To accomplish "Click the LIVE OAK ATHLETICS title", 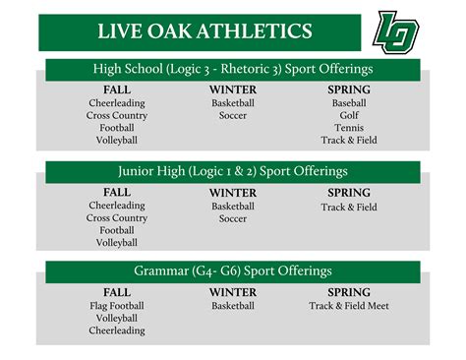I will pos(204,31).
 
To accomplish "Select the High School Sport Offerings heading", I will pos(233,70).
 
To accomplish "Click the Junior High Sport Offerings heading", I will pos(233,171).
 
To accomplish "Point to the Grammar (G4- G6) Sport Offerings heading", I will pos(233,271).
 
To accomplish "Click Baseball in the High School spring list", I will pos(349,102).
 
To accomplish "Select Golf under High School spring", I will pos(349,115).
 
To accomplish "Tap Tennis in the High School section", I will pos(349,128).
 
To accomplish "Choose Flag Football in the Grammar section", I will pos(117,306).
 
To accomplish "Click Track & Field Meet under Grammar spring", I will pos(349,306).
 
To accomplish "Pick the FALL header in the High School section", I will pos(117,90).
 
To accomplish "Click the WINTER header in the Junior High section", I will pos(233,193).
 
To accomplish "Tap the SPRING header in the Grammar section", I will pos(349,292).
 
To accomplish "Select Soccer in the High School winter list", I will pos(233,115).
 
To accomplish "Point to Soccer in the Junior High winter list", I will pos(233,218).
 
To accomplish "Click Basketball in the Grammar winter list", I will pos(233,306).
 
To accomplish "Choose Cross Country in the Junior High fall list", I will pos(117,218).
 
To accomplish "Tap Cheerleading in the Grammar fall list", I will pos(117,331).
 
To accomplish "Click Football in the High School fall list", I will pos(117,128).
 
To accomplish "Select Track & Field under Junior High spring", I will pos(349,207).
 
